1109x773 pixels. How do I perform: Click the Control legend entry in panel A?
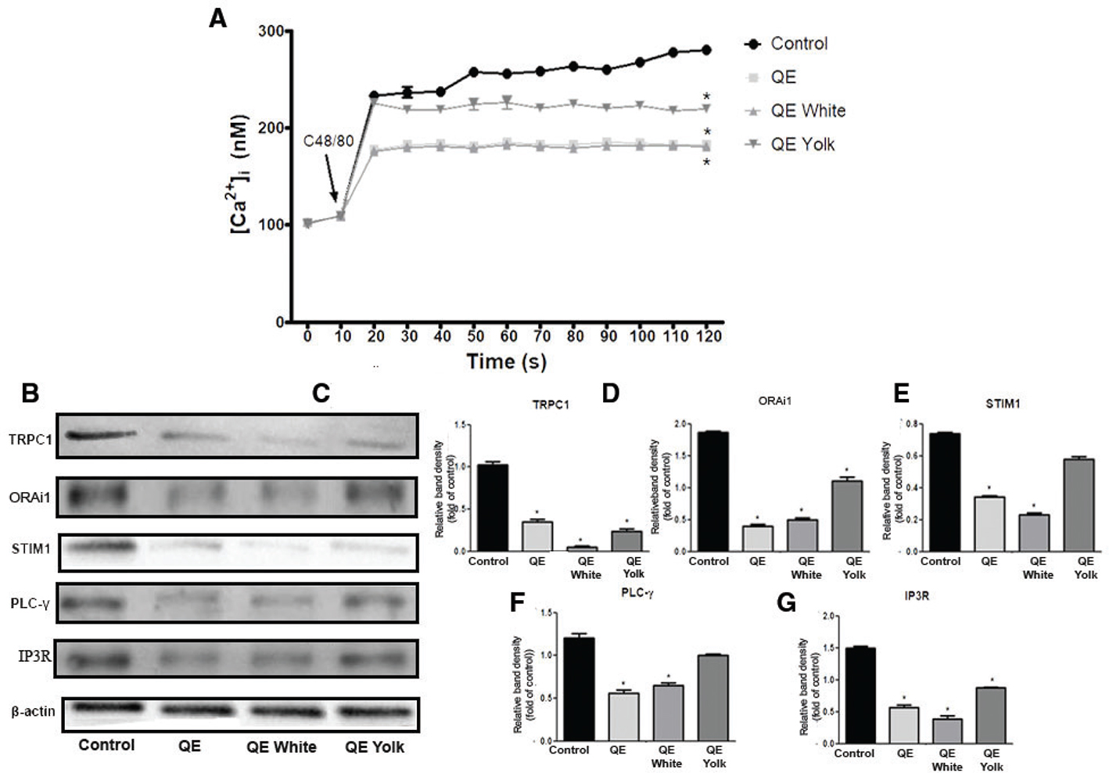(x=798, y=44)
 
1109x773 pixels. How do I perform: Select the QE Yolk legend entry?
(x=802, y=145)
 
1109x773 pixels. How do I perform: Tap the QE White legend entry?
(x=807, y=111)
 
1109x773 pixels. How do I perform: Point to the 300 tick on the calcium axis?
(x=271, y=31)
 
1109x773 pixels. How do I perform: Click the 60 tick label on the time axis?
(x=508, y=336)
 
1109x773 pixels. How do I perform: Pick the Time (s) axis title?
(x=506, y=361)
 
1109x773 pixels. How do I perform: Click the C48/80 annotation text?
(x=328, y=142)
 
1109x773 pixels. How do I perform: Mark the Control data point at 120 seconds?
(x=707, y=50)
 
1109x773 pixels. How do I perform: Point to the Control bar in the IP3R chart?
(x=854, y=695)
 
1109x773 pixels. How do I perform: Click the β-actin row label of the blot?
(x=33, y=711)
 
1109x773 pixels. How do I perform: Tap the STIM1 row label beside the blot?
(x=31, y=548)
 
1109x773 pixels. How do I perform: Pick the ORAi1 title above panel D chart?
(x=774, y=401)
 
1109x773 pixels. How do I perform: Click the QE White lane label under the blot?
(x=282, y=747)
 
